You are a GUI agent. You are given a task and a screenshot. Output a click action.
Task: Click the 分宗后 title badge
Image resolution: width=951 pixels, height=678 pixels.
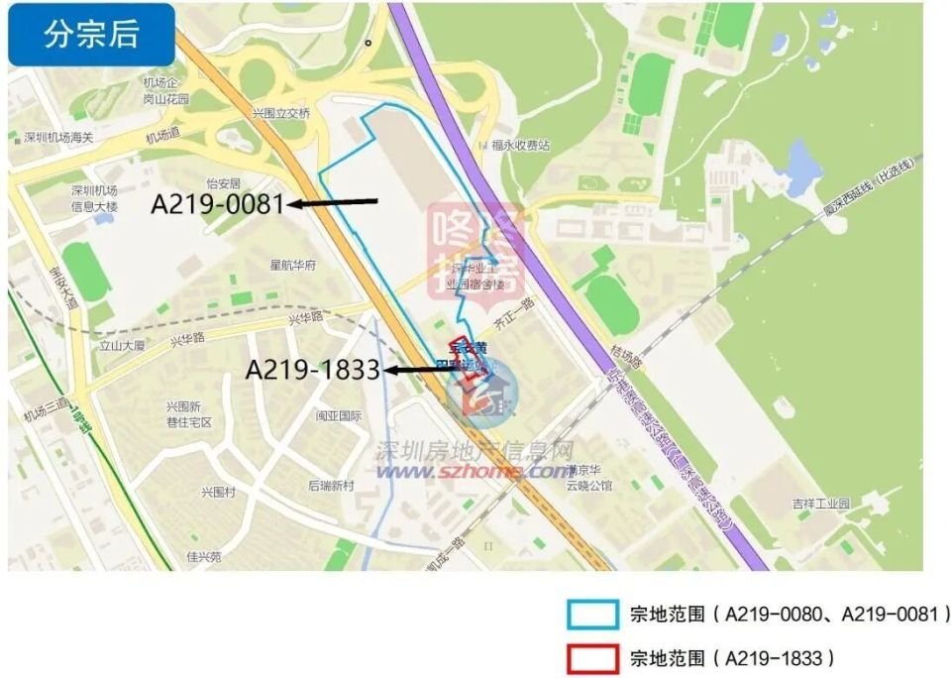click(91, 35)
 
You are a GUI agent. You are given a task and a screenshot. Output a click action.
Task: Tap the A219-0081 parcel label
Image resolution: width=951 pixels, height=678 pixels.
click(217, 204)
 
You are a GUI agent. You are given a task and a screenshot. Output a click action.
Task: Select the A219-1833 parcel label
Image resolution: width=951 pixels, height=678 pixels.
click(313, 370)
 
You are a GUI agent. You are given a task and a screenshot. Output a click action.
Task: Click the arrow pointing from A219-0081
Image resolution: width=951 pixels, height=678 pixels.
click(333, 203)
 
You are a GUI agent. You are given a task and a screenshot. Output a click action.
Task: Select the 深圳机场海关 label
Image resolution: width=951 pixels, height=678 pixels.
click(57, 137)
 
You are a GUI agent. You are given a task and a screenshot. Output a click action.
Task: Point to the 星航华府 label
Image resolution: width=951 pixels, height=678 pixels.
click(292, 266)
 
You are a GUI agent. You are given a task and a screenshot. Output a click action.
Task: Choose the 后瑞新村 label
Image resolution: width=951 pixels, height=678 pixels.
click(331, 486)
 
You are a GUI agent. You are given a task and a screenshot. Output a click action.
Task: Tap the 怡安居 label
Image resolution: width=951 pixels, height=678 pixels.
click(223, 183)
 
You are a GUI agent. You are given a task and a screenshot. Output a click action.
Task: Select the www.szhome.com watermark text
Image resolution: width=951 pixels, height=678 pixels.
click(475, 472)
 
